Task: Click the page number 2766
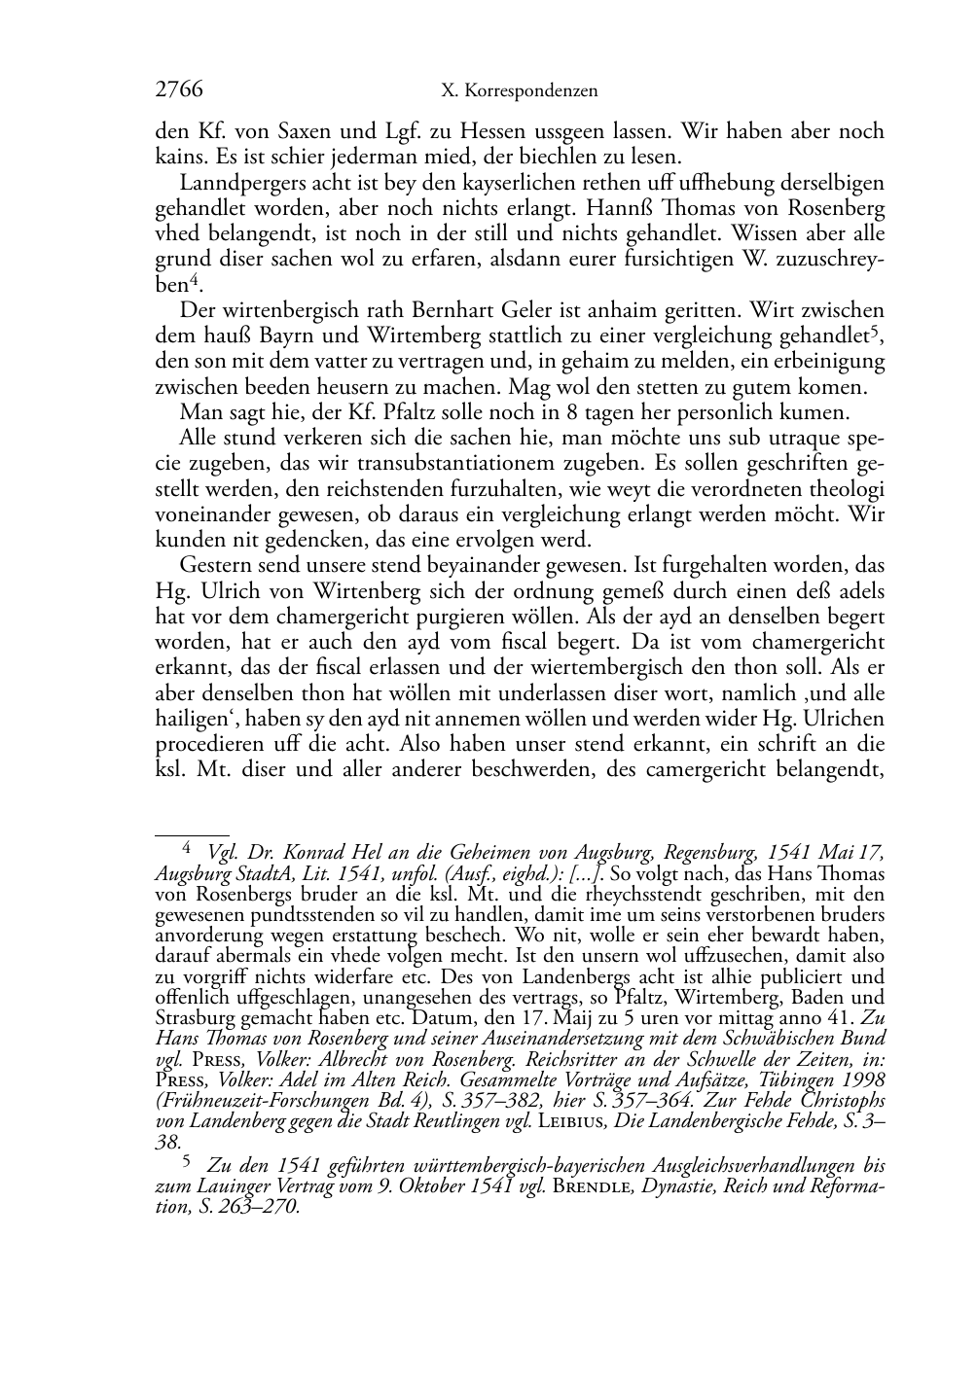pyautogui.click(x=179, y=90)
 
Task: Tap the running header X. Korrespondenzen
pyautogui.click(x=520, y=91)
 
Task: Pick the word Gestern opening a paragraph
pyautogui.click(x=217, y=565)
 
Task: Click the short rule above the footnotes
pyautogui.click(x=192, y=833)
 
